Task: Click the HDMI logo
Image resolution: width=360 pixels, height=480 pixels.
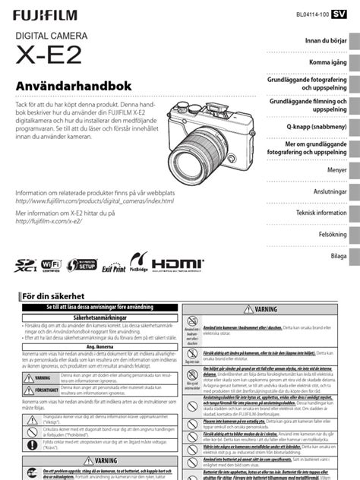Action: [x=178, y=264]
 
